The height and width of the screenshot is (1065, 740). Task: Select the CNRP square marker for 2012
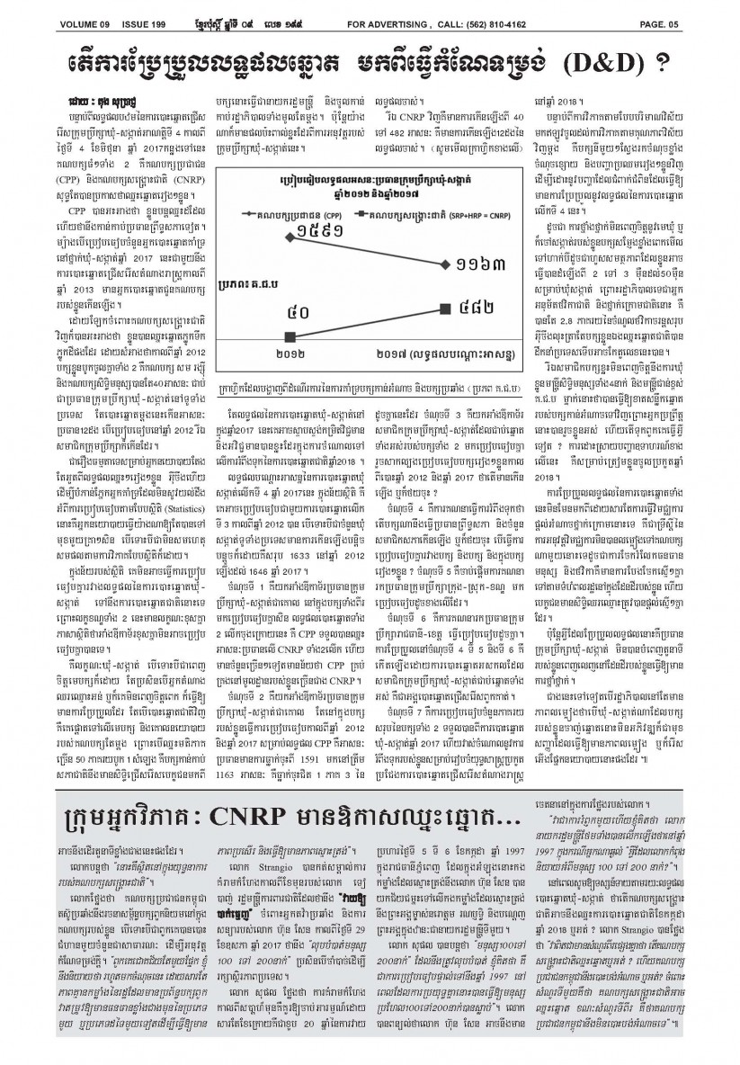[x=290, y=336]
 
